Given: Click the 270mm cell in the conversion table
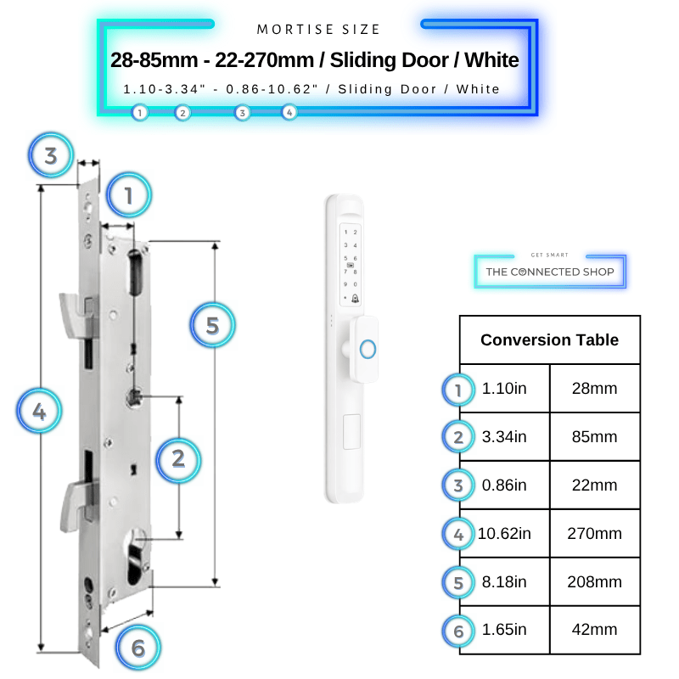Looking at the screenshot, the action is (x=594, y=534).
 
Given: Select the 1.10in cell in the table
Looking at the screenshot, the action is (x=504, y=389).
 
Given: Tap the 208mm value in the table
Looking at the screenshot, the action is (x=594, y=581).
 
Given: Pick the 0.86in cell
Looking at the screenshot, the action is (x=504, y=485).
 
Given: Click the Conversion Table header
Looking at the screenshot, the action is (x=549, y=340).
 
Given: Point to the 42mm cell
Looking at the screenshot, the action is (x=594, y=629).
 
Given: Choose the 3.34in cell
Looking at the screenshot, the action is (x=504, y=436).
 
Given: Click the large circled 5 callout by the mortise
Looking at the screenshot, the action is (x=213, y=325).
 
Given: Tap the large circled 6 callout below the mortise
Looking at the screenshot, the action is (x=138, y=648).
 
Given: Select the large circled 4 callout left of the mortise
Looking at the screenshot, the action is (x=39, y=411).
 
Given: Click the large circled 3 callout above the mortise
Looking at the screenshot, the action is (x=51, y=155).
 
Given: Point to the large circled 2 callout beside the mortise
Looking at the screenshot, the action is (x=178, y=459).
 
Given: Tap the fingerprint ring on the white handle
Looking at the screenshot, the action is (x=368, y=349).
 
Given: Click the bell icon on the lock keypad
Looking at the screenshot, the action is (x=355, y=298).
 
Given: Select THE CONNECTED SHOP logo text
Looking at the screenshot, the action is (x=550, y=272).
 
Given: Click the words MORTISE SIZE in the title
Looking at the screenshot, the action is (x=318, y=30).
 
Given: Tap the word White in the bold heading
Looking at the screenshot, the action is (x=491, y=59).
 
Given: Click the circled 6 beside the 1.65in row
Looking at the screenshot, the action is (x=458, y=631).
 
